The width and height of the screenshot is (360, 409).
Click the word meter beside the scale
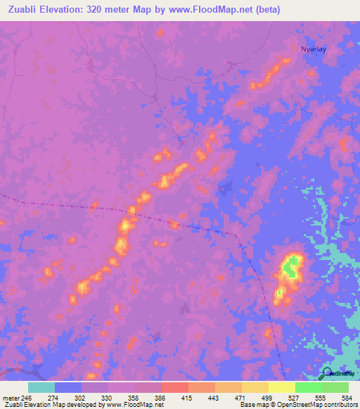[10, 398]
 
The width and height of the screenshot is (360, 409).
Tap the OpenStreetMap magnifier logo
[328, 373]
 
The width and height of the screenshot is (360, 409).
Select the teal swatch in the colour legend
[41, 387]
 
